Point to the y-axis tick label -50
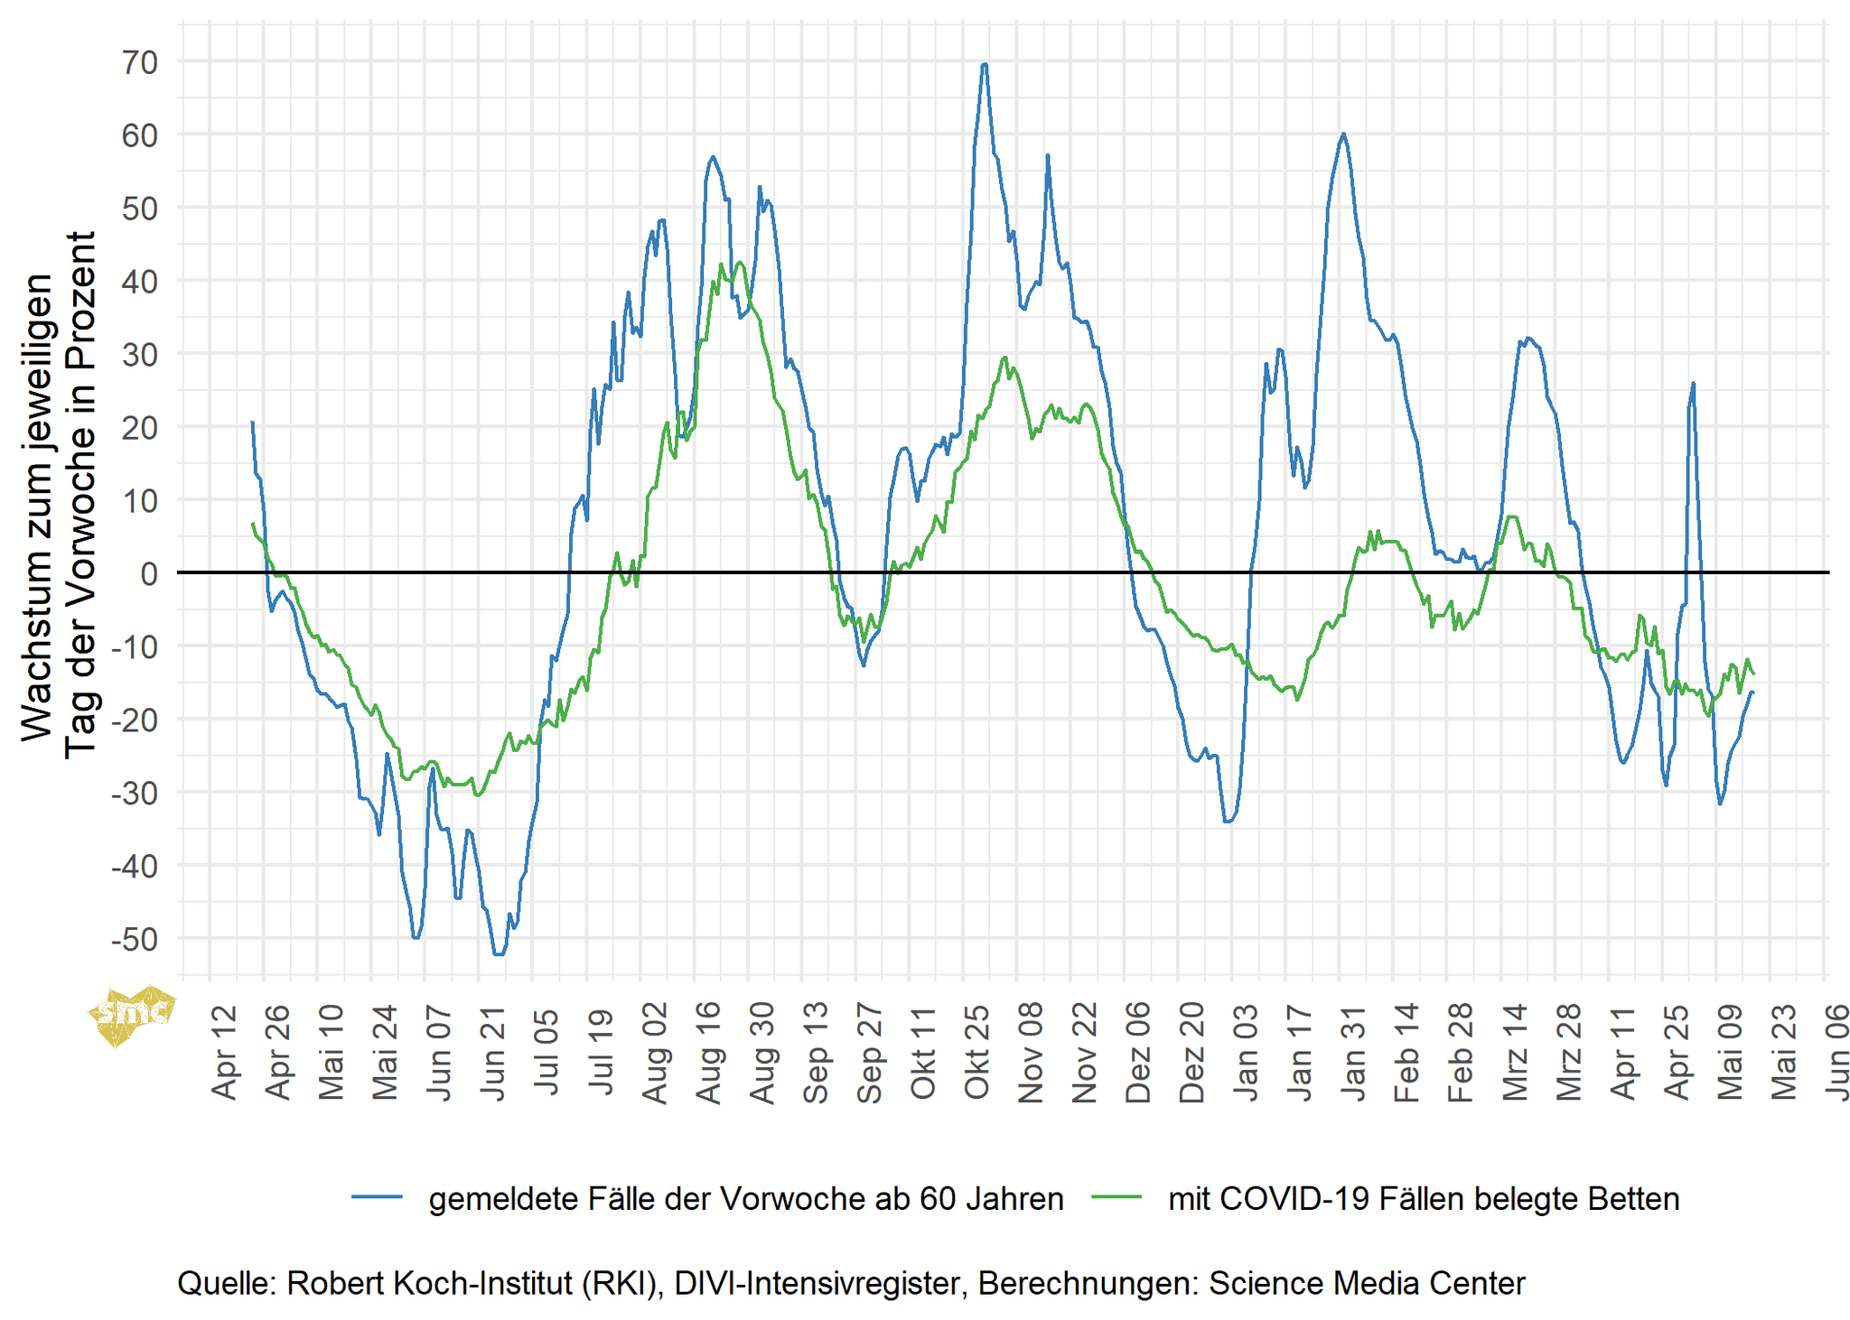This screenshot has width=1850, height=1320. tap(134, 940)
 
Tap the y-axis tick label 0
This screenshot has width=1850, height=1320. tap(149, 573)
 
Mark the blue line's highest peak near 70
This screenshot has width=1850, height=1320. tap(984, 65)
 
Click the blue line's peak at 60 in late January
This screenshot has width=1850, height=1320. tap(1343, 135)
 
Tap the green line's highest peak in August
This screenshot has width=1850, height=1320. tap(740, 263)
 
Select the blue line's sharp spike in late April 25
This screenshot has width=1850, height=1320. tap(1692, 384)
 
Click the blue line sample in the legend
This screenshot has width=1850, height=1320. tap(377, 1198)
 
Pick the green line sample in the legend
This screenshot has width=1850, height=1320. tap(1117, 1198)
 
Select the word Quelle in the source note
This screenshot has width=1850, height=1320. tap(227, 1283)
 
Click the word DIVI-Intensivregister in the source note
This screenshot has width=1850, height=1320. tap(818, 1283)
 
